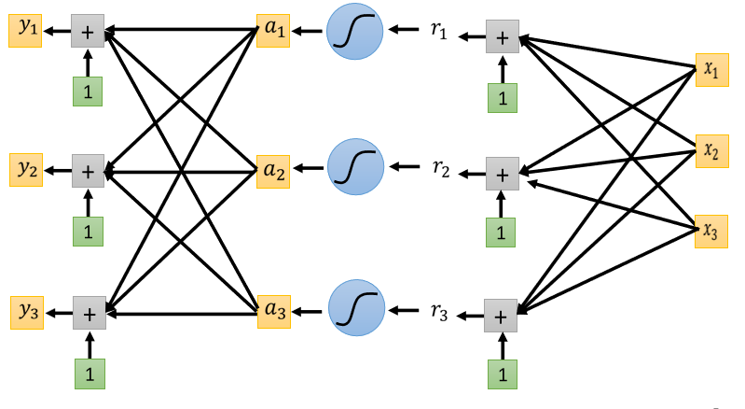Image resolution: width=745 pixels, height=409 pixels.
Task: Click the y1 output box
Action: pyautogui.click(x=25, y=30)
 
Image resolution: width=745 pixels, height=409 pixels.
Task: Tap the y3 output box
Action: pyautogui.click(x=27, y=311)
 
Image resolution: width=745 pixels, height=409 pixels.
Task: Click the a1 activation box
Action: pyautogui.click(x=274, y=31)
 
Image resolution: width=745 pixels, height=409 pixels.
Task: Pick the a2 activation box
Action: pyautogui.click(x=274, y=171)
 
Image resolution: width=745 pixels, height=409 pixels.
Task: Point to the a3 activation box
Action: pyautogui.click(x=274, y=312)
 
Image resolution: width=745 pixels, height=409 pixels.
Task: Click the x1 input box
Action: pyautogui.click(x=711, y=69)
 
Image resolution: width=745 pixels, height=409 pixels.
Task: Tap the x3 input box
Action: pyautogui.click(x=711, y=230)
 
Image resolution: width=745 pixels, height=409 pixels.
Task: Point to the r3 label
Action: pyautogui.click(x=439, y=312)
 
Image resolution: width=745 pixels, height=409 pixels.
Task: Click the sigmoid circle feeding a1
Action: pyautogui.click(x=354, y=32)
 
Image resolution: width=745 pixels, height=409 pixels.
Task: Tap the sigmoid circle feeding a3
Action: pyautogui.click(x=356, y=311)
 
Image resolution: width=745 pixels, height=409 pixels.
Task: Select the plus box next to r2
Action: pyautogui.click(x=502, y=175)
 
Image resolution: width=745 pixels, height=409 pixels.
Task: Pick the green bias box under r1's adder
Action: pyautogui.click(x=503, y=97)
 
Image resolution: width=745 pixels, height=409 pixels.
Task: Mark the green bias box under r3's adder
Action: pyautogui.click(x=503, y=374)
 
